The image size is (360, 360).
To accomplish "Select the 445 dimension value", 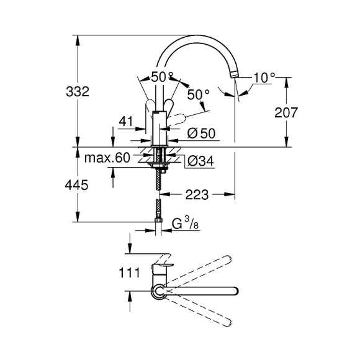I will (x=78, y=184).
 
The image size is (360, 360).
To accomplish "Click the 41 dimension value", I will (x=127, y=122).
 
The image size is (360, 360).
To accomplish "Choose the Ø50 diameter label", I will (x=200, y=133).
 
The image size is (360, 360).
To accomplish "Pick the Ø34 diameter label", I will (x=200, y=161).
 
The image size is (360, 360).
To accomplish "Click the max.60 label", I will (x=109, y=158).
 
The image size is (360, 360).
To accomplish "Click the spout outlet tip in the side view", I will (x=235, y=74).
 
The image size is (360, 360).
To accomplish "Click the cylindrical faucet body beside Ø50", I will (x=160, y=127).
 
